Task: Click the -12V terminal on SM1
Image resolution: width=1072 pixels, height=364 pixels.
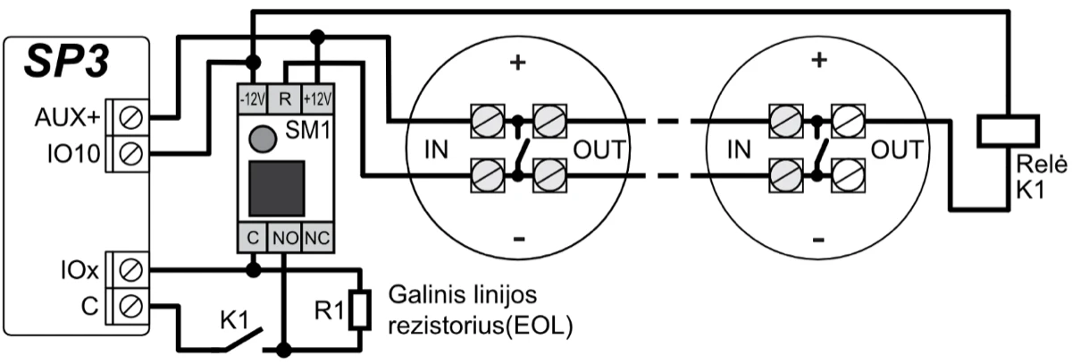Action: click(253, 96)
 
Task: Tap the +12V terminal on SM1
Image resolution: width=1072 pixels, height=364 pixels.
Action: click(318, 96)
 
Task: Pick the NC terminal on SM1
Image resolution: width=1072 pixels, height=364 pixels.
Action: click(317, 238)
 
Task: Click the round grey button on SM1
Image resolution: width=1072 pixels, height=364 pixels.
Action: click(260, 138)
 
